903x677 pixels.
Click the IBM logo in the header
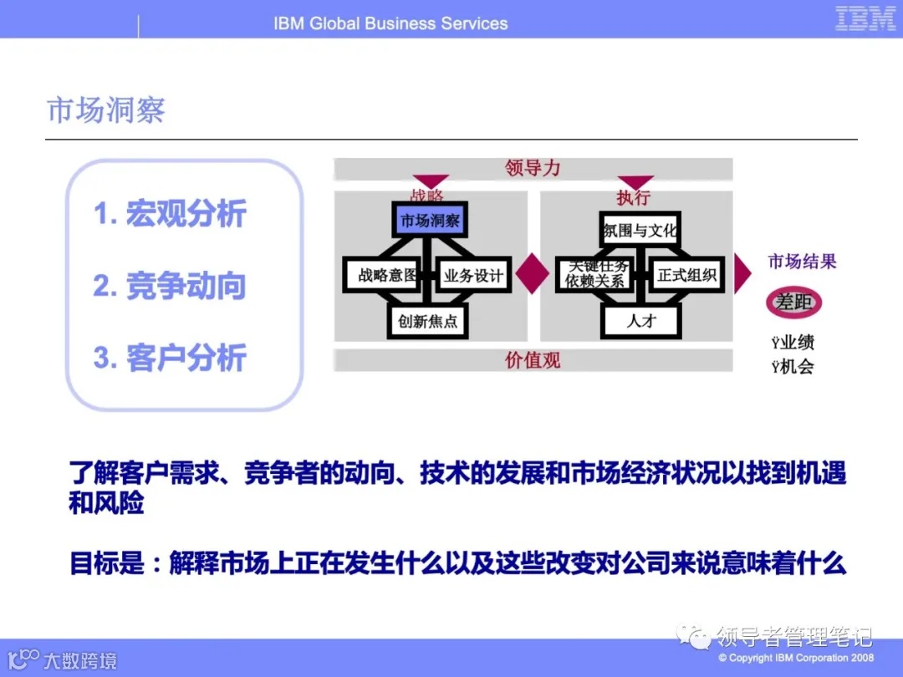tap(865, 18)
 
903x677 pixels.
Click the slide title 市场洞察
tap(106, 110)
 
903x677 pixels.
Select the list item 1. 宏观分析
tap(170, 214)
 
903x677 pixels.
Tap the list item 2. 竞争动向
tap(170, 286)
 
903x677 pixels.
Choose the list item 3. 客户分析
tap(170, 358)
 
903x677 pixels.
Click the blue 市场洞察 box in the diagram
tap(430, 221)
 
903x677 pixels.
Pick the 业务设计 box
tap(474, 275)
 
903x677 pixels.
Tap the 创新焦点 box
tap(428, 320)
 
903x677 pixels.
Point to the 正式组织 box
tap(686, 275)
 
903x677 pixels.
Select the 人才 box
tap(640, 320)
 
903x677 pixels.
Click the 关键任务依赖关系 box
tap(595, 274)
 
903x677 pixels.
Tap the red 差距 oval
tap(793, 303)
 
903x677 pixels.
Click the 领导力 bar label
tap(533, 168)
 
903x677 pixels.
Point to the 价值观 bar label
tap(533, 360)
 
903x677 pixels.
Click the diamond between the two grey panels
tap(533, 274)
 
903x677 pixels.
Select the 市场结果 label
tap(802, 262)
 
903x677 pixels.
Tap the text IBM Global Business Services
tap(390, 23)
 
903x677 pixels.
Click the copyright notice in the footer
tap(796, 658)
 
